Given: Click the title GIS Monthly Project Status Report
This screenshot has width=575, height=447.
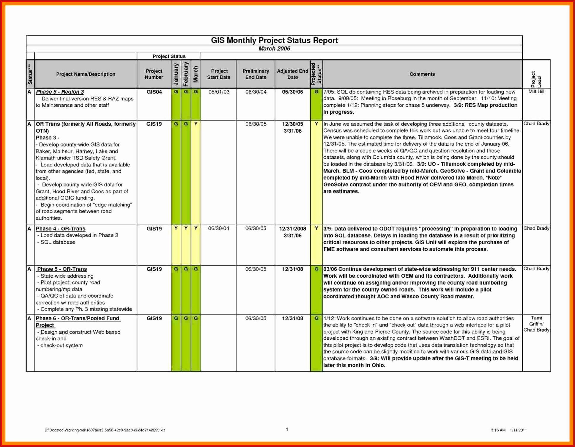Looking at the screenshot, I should (274, 40).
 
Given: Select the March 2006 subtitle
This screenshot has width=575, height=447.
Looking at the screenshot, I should (274, 49).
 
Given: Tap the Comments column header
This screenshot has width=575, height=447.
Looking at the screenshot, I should (422, 74).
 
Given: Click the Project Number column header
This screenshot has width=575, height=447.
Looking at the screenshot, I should (154, 74).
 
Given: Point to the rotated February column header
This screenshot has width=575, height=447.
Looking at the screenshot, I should (186, 74).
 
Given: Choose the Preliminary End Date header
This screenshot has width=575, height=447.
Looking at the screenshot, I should (256, 74).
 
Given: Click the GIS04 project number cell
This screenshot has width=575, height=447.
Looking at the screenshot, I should (154, 92).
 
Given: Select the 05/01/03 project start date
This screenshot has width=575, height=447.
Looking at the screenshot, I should (219, 92).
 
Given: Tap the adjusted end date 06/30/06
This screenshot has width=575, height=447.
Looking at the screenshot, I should (292, 92).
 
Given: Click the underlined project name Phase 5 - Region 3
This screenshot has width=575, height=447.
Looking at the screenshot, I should (60, 92).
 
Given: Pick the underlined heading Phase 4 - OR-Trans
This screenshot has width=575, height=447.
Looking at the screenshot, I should (60, 229).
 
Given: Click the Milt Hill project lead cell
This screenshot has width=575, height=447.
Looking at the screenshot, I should (536, 91).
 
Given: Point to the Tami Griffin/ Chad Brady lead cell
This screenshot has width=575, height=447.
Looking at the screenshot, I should (536, 324).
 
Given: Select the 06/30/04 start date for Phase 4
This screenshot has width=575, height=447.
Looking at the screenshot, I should (219, 228).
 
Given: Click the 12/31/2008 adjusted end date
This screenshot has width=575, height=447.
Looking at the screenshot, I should (292, 229).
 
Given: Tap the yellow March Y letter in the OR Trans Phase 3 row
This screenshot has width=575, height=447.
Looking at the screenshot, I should (196, 124).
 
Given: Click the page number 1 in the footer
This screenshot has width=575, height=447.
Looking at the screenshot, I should (287, 429).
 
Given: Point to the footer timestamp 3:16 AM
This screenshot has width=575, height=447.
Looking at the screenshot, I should (498, 430).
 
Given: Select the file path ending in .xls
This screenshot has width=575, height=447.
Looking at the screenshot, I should (105, 430).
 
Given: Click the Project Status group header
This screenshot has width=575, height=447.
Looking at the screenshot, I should (169, 56).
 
